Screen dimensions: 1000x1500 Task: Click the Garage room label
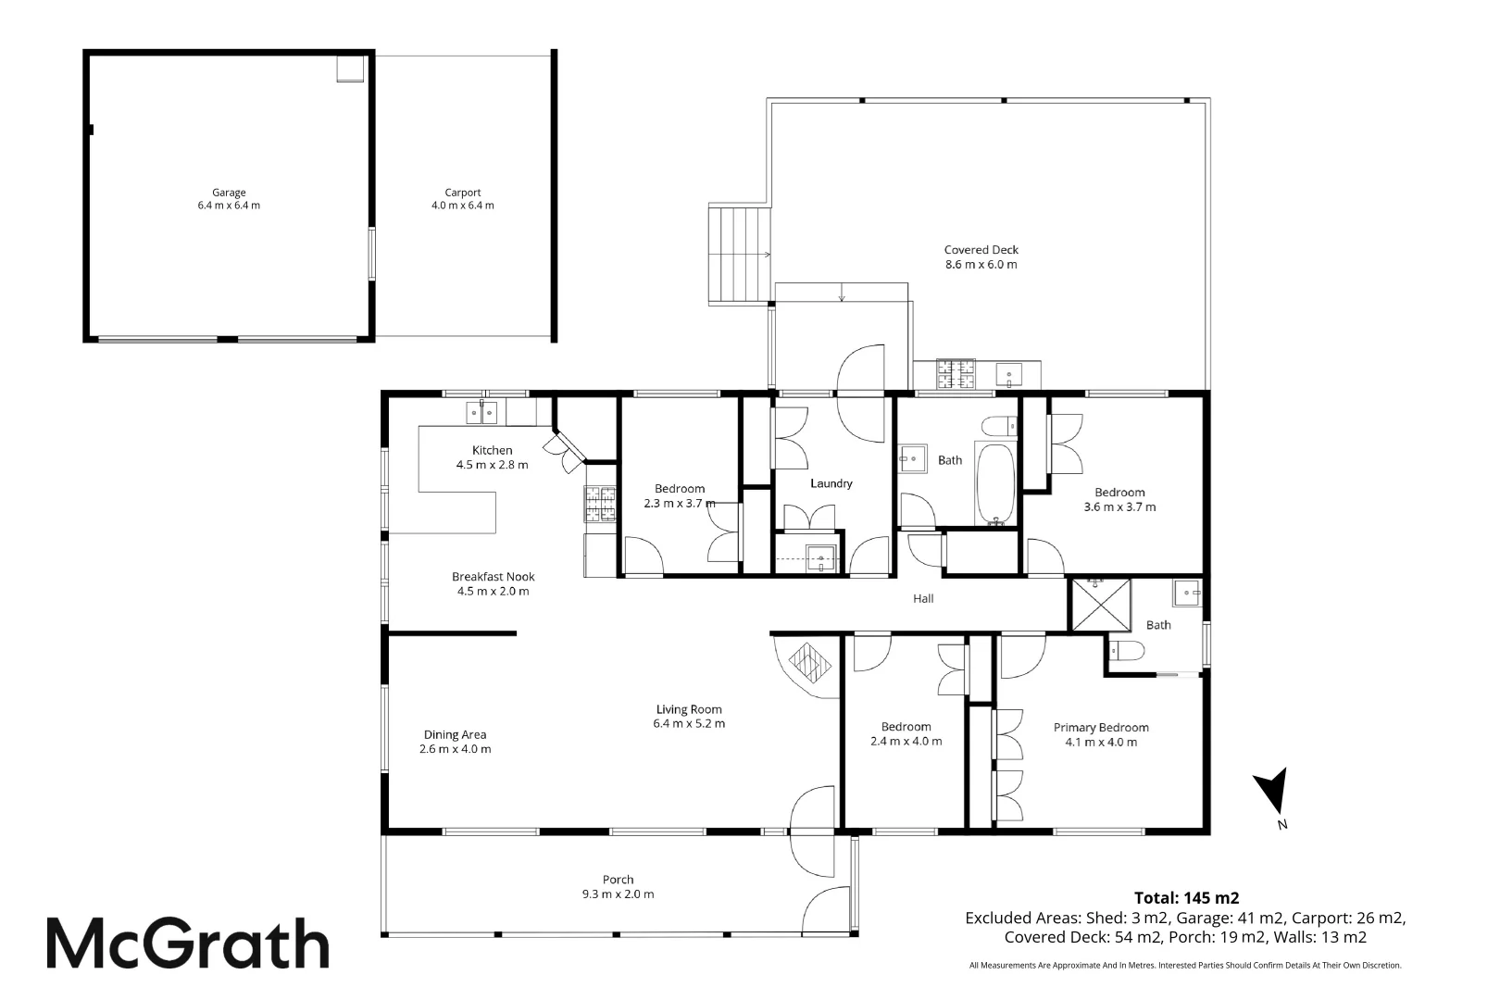[x=229, y=193]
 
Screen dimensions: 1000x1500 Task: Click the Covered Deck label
[x=981, y=249]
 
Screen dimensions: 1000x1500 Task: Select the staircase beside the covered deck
[x=740, y=256]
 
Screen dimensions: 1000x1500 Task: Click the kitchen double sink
[x=481, y=412]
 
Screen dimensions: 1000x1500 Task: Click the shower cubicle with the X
[x=1100, y=606]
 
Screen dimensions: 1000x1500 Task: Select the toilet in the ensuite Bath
[x=1125, y=652]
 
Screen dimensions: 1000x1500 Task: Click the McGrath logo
[x=188, y=943]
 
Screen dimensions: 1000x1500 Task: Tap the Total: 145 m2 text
[x=1186, y=897]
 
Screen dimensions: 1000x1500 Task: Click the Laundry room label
[x=831, y=483]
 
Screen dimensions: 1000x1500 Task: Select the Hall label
[x=923, y=598]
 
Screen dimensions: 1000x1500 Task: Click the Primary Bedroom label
[x=1101, y=728]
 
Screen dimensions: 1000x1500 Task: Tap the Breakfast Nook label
[x=493, y=576]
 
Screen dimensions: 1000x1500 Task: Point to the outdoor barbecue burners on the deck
[x=957, y=374]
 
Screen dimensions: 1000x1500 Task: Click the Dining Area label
[x=455, y=734]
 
